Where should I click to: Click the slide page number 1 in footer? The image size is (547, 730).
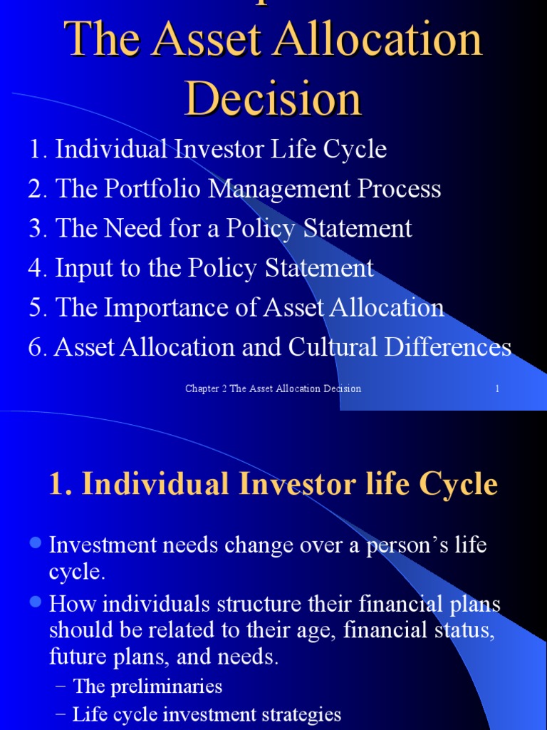pyautogui.click(x=496, y=389)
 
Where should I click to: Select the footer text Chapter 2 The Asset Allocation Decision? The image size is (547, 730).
pyautogui.click(x=273, y=389)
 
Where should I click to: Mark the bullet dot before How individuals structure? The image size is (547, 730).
pyautogui.click(x=36, y=603)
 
